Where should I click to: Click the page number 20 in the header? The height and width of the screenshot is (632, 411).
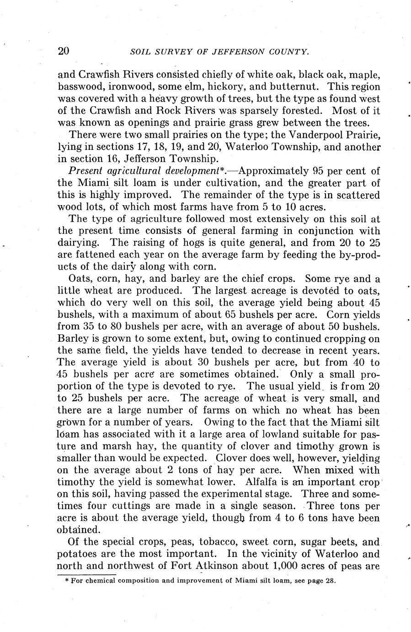64,51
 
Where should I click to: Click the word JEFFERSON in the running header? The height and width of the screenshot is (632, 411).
234,52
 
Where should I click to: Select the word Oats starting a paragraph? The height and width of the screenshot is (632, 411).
78,278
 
